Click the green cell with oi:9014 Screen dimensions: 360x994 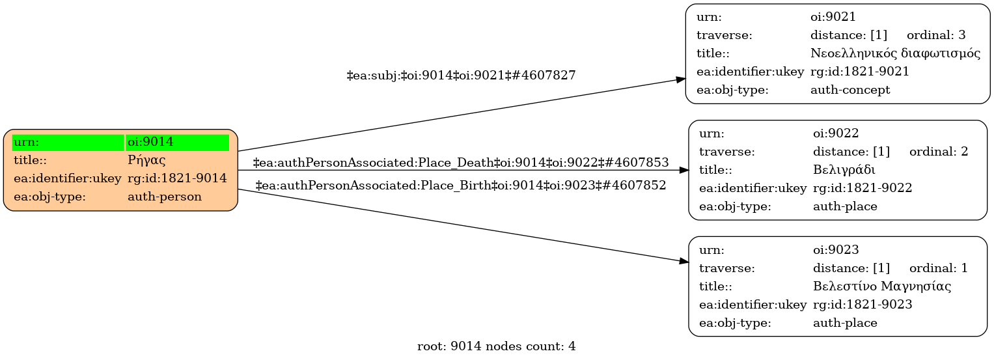177,142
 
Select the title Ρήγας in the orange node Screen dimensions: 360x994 146,160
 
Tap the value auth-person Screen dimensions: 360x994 165,197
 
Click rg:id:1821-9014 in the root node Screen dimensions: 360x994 177,178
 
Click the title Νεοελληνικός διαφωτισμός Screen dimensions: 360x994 895,53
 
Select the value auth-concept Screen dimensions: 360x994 849,90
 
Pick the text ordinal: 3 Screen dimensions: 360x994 935,35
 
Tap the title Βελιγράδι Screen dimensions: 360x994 844,170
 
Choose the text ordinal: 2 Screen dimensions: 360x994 938,152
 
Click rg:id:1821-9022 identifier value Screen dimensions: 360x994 862,188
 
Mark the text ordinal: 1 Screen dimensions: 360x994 938,268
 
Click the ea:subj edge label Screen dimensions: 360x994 461,76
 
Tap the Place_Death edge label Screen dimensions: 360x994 460,162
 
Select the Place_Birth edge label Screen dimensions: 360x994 460,186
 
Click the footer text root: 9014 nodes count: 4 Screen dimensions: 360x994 496,346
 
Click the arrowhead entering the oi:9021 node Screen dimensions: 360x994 680,79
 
